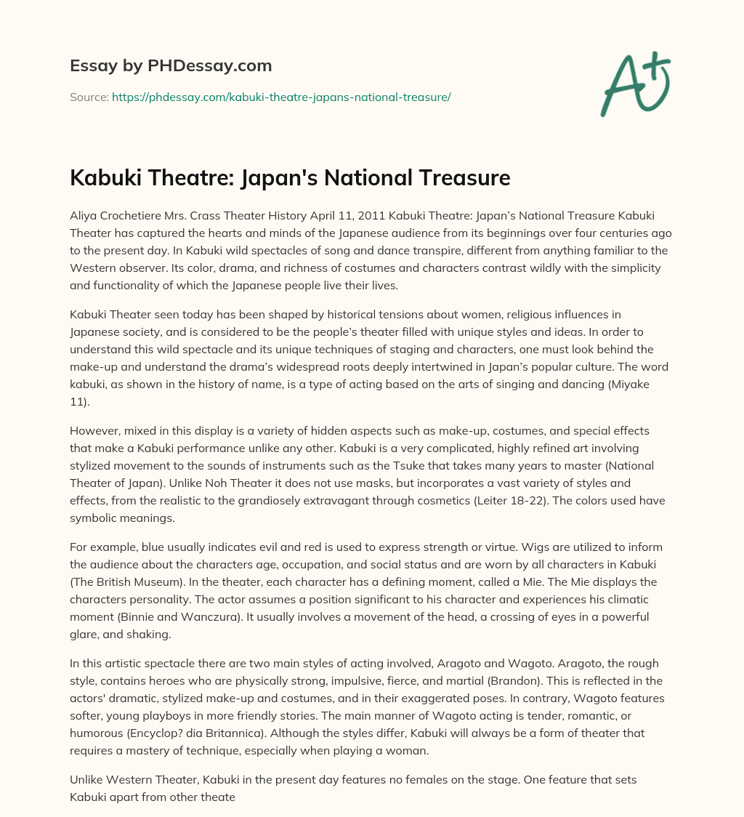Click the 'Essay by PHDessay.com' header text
(171, 66)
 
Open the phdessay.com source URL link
(281, 97)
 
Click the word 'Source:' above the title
(89, 97)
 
